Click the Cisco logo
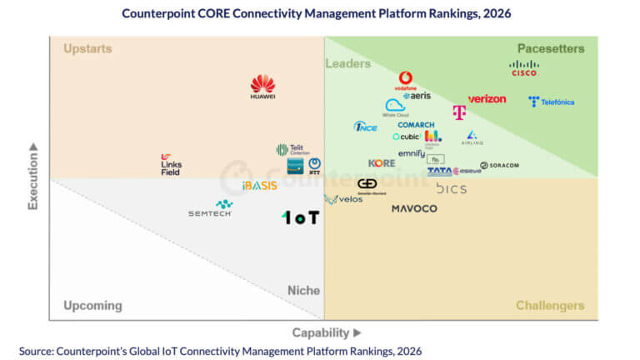point(524,68)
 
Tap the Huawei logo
point(262,87)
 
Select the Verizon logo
point(487,99)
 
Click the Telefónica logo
point(551,102)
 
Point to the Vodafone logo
point(406,81)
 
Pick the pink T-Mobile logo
point(459,112)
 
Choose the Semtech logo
point(211,209)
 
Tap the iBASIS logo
point(259,186)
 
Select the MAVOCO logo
point(414,208)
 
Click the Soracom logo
point(499,165)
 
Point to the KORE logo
point(382,163)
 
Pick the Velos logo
point(343,199)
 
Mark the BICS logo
point(451,188)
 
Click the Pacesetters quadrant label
point(551,48)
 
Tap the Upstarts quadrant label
point(87,48)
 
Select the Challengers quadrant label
point(550,306)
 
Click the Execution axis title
point(33,176)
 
